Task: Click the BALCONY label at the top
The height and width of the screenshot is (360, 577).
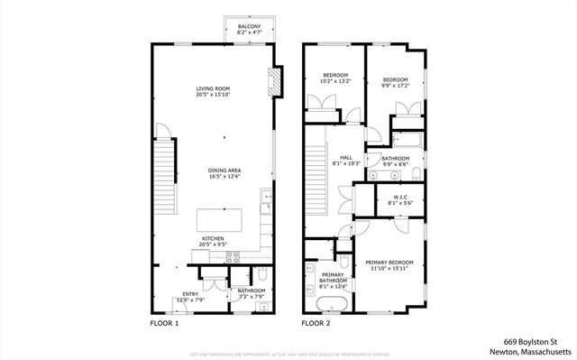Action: (x=250, y=27)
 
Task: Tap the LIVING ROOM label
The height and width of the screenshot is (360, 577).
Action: (x=213, y=88)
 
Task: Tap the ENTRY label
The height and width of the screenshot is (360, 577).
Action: (x=191, y=293)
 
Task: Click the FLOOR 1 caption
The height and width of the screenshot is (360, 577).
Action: (x=164, y=322)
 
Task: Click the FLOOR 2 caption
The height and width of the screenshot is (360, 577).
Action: (x=316, y=322)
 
